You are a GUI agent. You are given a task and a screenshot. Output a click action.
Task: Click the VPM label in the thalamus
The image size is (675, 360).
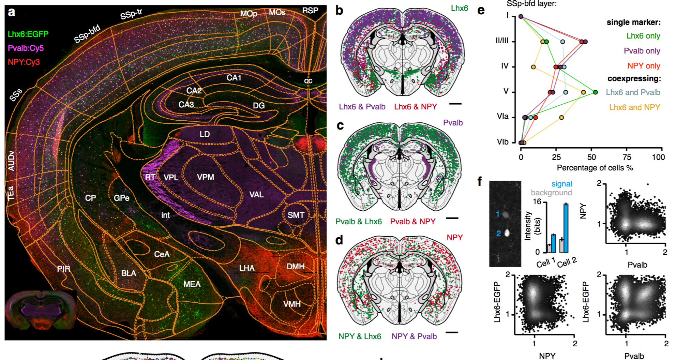pos(206,177)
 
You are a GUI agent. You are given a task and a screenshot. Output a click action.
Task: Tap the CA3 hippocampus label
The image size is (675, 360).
pos(186,104)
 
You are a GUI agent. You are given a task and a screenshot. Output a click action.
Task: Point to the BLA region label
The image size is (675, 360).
pos(129,273)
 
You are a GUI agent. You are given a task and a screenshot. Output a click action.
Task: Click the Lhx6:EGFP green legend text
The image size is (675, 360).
pos(28,34)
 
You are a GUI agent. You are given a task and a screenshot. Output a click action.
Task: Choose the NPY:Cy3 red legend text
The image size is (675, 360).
pos(24,62)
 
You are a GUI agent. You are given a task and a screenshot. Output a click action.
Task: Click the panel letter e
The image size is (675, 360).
pos(481,10)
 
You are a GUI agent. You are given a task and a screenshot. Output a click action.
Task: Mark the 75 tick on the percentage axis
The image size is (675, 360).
pos(627,157)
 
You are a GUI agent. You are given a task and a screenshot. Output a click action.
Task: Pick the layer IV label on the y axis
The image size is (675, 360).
pos(505,66)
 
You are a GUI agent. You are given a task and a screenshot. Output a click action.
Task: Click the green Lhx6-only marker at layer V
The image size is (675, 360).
pos(596,92)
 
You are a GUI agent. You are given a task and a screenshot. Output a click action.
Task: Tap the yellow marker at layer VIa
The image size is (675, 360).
pos(561,118)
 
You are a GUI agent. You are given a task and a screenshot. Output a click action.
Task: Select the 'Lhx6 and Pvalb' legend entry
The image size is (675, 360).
pos(633,92)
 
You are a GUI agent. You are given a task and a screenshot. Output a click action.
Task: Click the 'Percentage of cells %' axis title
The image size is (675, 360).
pos(595,168)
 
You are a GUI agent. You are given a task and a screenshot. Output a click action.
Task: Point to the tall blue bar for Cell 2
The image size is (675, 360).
pos(566,228)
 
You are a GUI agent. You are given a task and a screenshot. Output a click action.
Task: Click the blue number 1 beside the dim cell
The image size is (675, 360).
pos(498,214)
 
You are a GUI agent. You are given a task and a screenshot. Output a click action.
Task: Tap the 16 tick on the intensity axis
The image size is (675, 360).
pos(537,201)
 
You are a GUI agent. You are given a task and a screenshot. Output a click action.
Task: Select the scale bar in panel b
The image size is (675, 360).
pos(455,104)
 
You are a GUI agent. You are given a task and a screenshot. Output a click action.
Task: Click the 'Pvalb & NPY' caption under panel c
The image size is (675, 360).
pos(412,222)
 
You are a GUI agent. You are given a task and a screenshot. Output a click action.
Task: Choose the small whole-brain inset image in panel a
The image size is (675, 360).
pos(41,310)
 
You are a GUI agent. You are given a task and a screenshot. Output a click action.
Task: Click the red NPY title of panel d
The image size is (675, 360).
pos(454,238)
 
